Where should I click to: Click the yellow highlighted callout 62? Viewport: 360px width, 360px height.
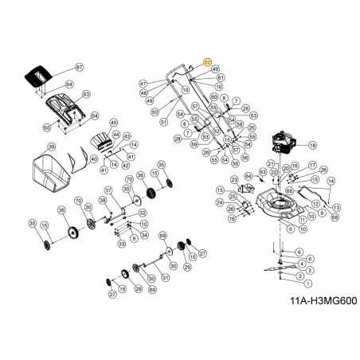[x=209, y=61]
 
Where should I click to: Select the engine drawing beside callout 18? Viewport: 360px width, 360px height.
[x=282, y=146]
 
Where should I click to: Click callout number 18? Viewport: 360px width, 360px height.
[x=312, y=146]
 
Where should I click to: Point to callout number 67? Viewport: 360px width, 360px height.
[x=79, y=66]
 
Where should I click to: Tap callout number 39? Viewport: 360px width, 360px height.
[x=51, y=147]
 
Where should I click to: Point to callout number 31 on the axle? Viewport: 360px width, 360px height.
[x=165, y=278]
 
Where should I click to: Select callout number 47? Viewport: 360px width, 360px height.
[x=143, y=84]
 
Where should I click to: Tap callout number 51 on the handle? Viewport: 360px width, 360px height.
[x=162, y=123]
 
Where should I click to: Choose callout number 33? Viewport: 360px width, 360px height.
[x=121, y=242]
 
